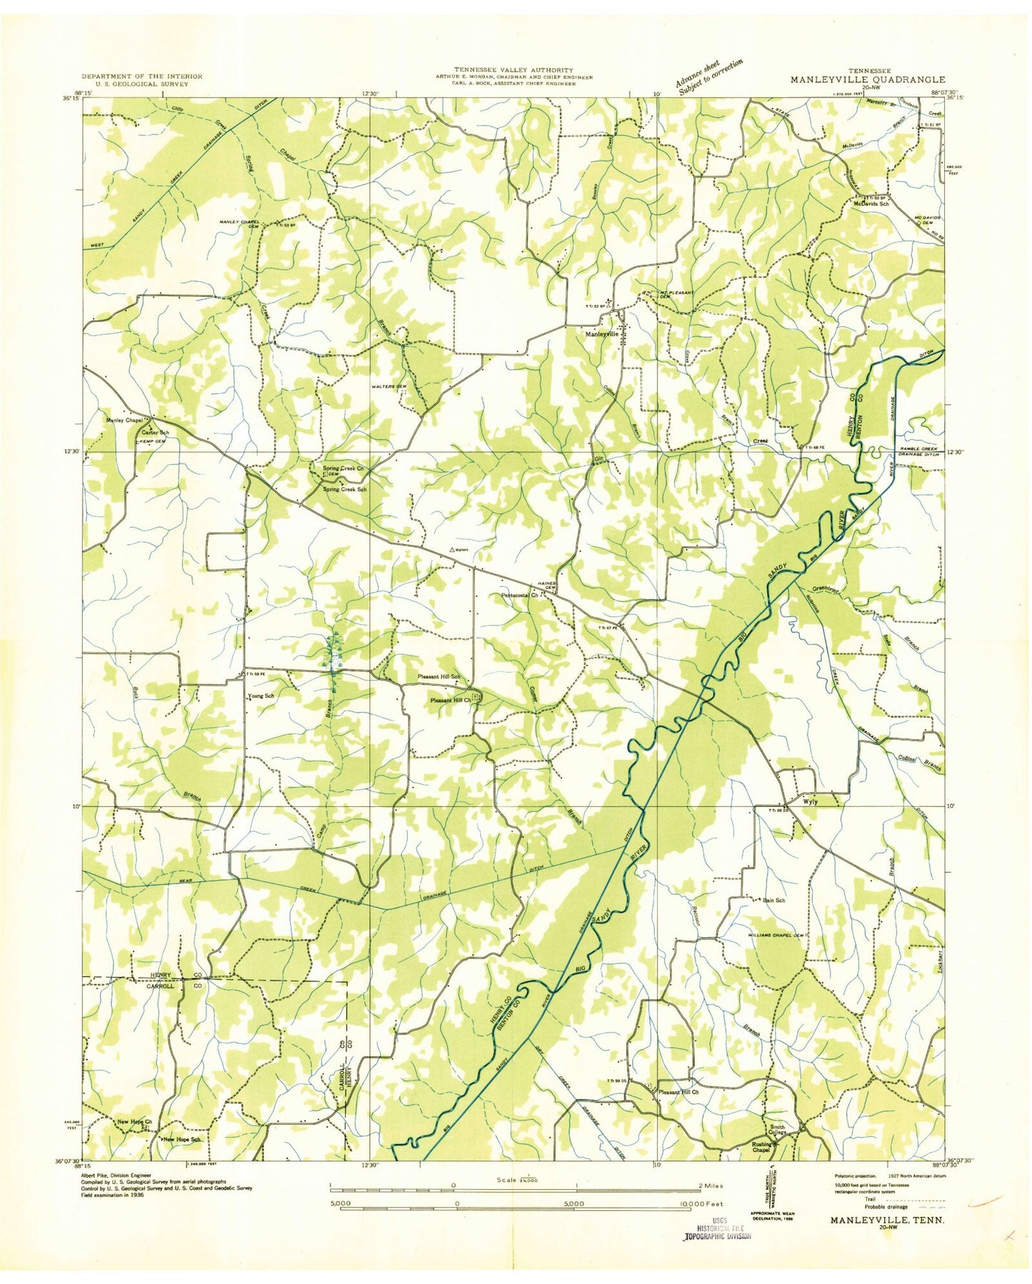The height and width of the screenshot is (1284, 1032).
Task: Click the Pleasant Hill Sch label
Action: click(x=439, y=676)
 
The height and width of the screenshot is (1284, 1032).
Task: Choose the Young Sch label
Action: click(x=261, y=695)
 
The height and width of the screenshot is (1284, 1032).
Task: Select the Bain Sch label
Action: click(x=773, y=901)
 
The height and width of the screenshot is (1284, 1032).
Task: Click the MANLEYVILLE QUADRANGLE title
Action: click(x=867, y=81)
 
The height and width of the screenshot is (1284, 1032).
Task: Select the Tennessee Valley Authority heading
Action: click(x=513, y=70)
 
